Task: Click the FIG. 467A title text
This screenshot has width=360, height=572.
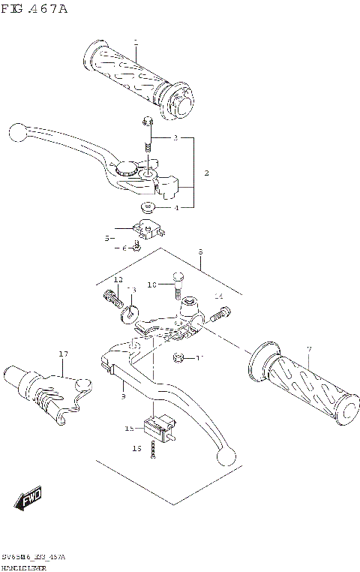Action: coord(34,8)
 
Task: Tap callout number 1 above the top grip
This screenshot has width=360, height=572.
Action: coord(135,42)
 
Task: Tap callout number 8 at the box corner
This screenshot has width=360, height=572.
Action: coord(201,253)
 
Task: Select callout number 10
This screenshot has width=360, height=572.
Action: coord(151,284)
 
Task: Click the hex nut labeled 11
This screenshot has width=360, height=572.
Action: coord(179,357)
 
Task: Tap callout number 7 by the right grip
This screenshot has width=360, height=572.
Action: coord(307,349)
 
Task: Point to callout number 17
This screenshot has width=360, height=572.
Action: coord(64,354)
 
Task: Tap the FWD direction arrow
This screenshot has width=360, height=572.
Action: coord(28,498)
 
